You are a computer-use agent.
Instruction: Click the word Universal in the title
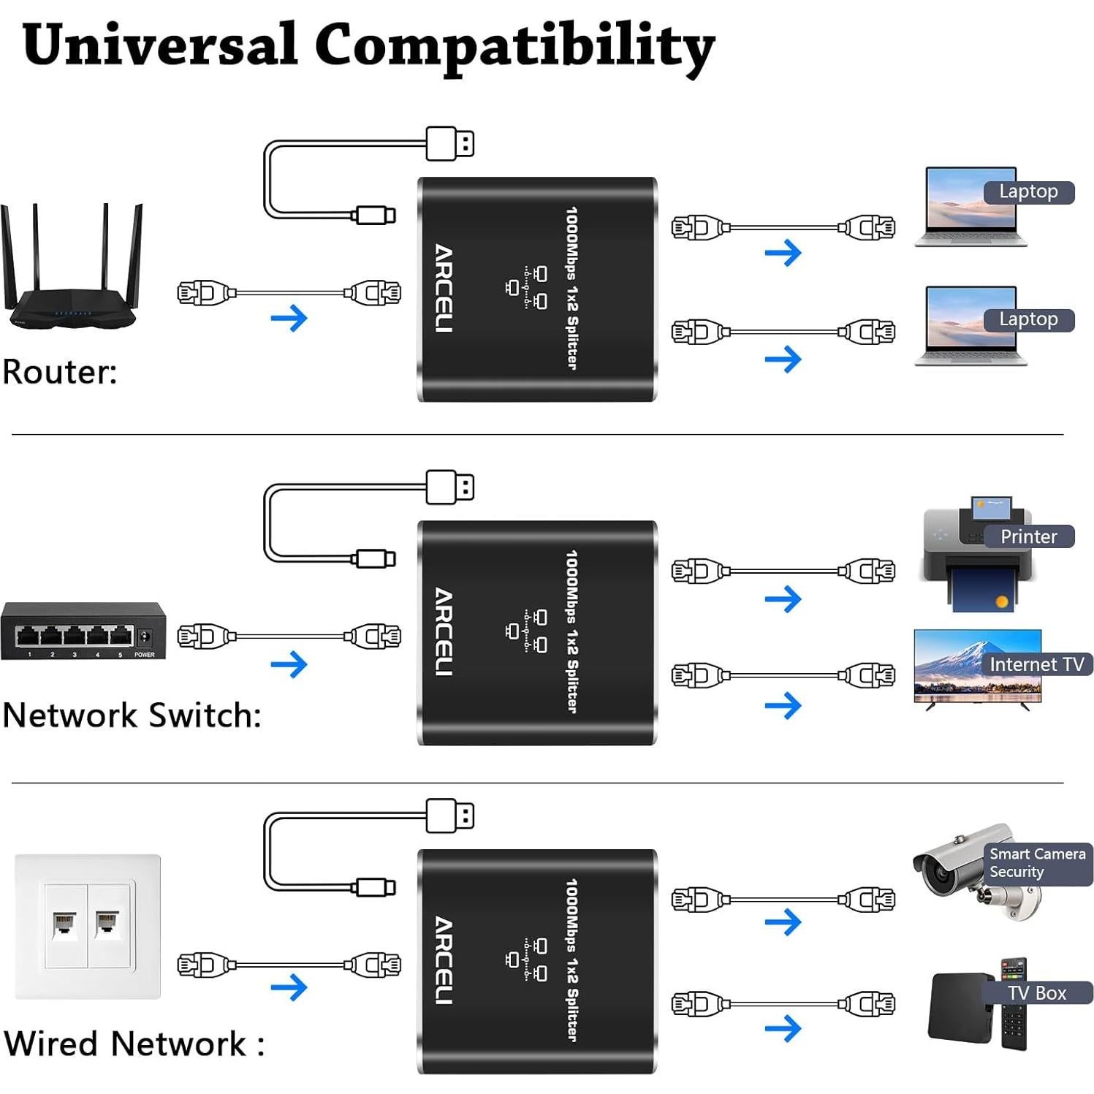159,45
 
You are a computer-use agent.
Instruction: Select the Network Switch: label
132,715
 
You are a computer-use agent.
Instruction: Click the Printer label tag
1028,536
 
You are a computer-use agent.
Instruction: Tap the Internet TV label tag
1036,664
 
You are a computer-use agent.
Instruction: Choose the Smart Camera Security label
1037,863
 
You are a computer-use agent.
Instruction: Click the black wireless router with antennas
72,289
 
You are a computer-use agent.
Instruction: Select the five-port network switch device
83,631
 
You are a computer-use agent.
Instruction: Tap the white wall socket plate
88,926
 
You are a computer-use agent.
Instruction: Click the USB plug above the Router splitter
449,143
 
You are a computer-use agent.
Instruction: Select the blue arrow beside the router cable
289,318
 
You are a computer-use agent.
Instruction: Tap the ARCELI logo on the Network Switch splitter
444,631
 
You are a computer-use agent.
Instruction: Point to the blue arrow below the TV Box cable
783,1029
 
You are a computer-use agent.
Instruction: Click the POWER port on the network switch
145,637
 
